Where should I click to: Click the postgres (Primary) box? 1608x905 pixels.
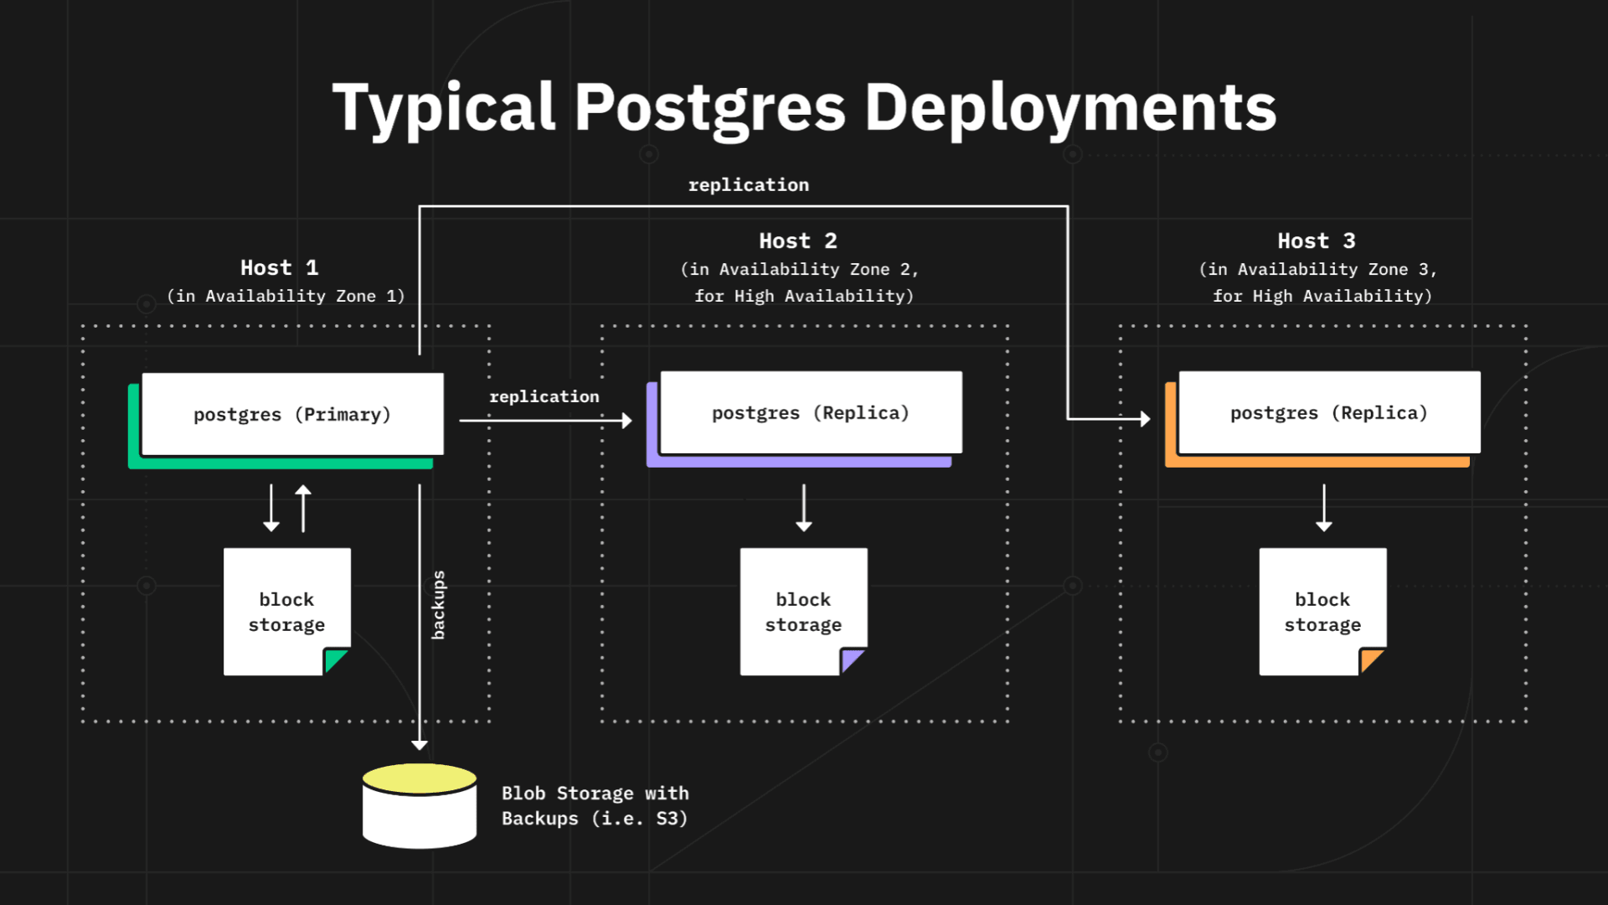tap(292, 415)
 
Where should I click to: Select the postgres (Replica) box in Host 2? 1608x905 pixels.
tap(811, 413)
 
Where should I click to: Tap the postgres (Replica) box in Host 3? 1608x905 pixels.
tap(1329, 413)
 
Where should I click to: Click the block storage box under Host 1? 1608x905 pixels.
tap(286, 612)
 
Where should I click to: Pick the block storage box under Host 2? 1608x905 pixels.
tap(803, 612)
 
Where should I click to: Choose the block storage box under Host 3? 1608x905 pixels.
tap(1322, 612)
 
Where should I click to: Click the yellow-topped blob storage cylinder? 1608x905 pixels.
tap(420, 806)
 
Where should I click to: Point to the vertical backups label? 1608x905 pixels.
tap(438, 605)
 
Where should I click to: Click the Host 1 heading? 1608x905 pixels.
tap(279, 268)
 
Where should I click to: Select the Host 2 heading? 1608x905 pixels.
tap(797, 241)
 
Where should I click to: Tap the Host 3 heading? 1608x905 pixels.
tap(1316, 241)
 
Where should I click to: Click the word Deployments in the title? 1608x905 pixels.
tap(1069, 109)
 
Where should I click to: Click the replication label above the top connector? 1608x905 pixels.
tap(748, 185)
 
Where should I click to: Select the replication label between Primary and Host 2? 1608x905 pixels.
tap(544, 397)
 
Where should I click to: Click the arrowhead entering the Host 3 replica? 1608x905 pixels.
tap(1146, 418)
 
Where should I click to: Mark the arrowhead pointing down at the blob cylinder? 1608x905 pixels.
tap(420, 744)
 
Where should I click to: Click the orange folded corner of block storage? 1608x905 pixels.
tap(1371, 660)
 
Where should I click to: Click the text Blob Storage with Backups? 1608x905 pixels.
tap(595, 806)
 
